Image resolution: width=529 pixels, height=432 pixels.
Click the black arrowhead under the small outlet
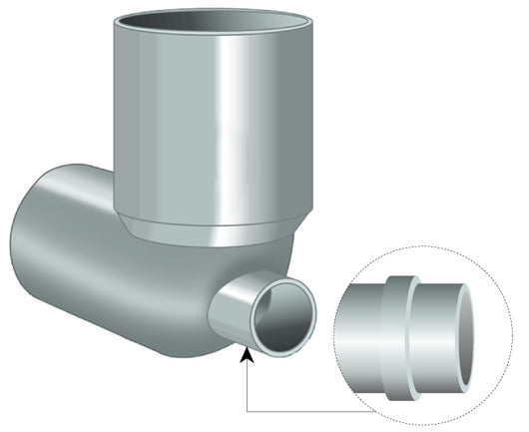(248, 351)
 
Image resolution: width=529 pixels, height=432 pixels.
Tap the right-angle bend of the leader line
(248, 410)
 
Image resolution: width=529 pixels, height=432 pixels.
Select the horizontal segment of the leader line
(299, 410)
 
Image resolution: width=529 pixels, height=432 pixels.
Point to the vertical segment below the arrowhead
(248, 384)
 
